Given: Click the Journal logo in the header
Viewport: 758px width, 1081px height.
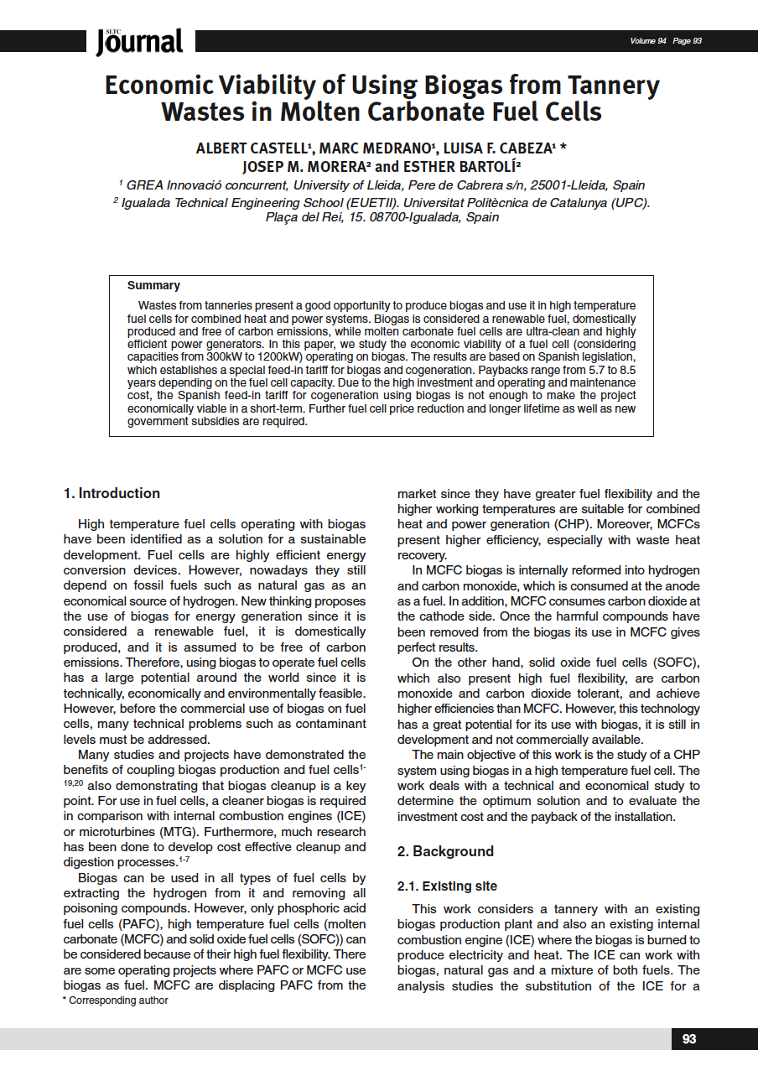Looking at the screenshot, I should pyautogui.click(x=139, y=41).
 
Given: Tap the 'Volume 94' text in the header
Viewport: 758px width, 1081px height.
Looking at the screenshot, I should pyautogui.click(x=647, y=41).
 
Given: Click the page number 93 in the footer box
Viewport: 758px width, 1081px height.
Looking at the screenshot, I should pyautogui.click(x=689, y=1039).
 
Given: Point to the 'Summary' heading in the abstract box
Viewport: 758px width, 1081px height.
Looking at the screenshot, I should pyautogui.click(x=153, y=285).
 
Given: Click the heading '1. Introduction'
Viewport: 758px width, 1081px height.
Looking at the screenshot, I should pyautogui.click(x=112, y=493).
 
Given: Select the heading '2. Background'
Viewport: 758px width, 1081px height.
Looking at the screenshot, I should pyautogui.click(x=445, y=851).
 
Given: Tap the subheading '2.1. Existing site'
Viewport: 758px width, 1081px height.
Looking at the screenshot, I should pyautogui.click(x=447, y=886).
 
